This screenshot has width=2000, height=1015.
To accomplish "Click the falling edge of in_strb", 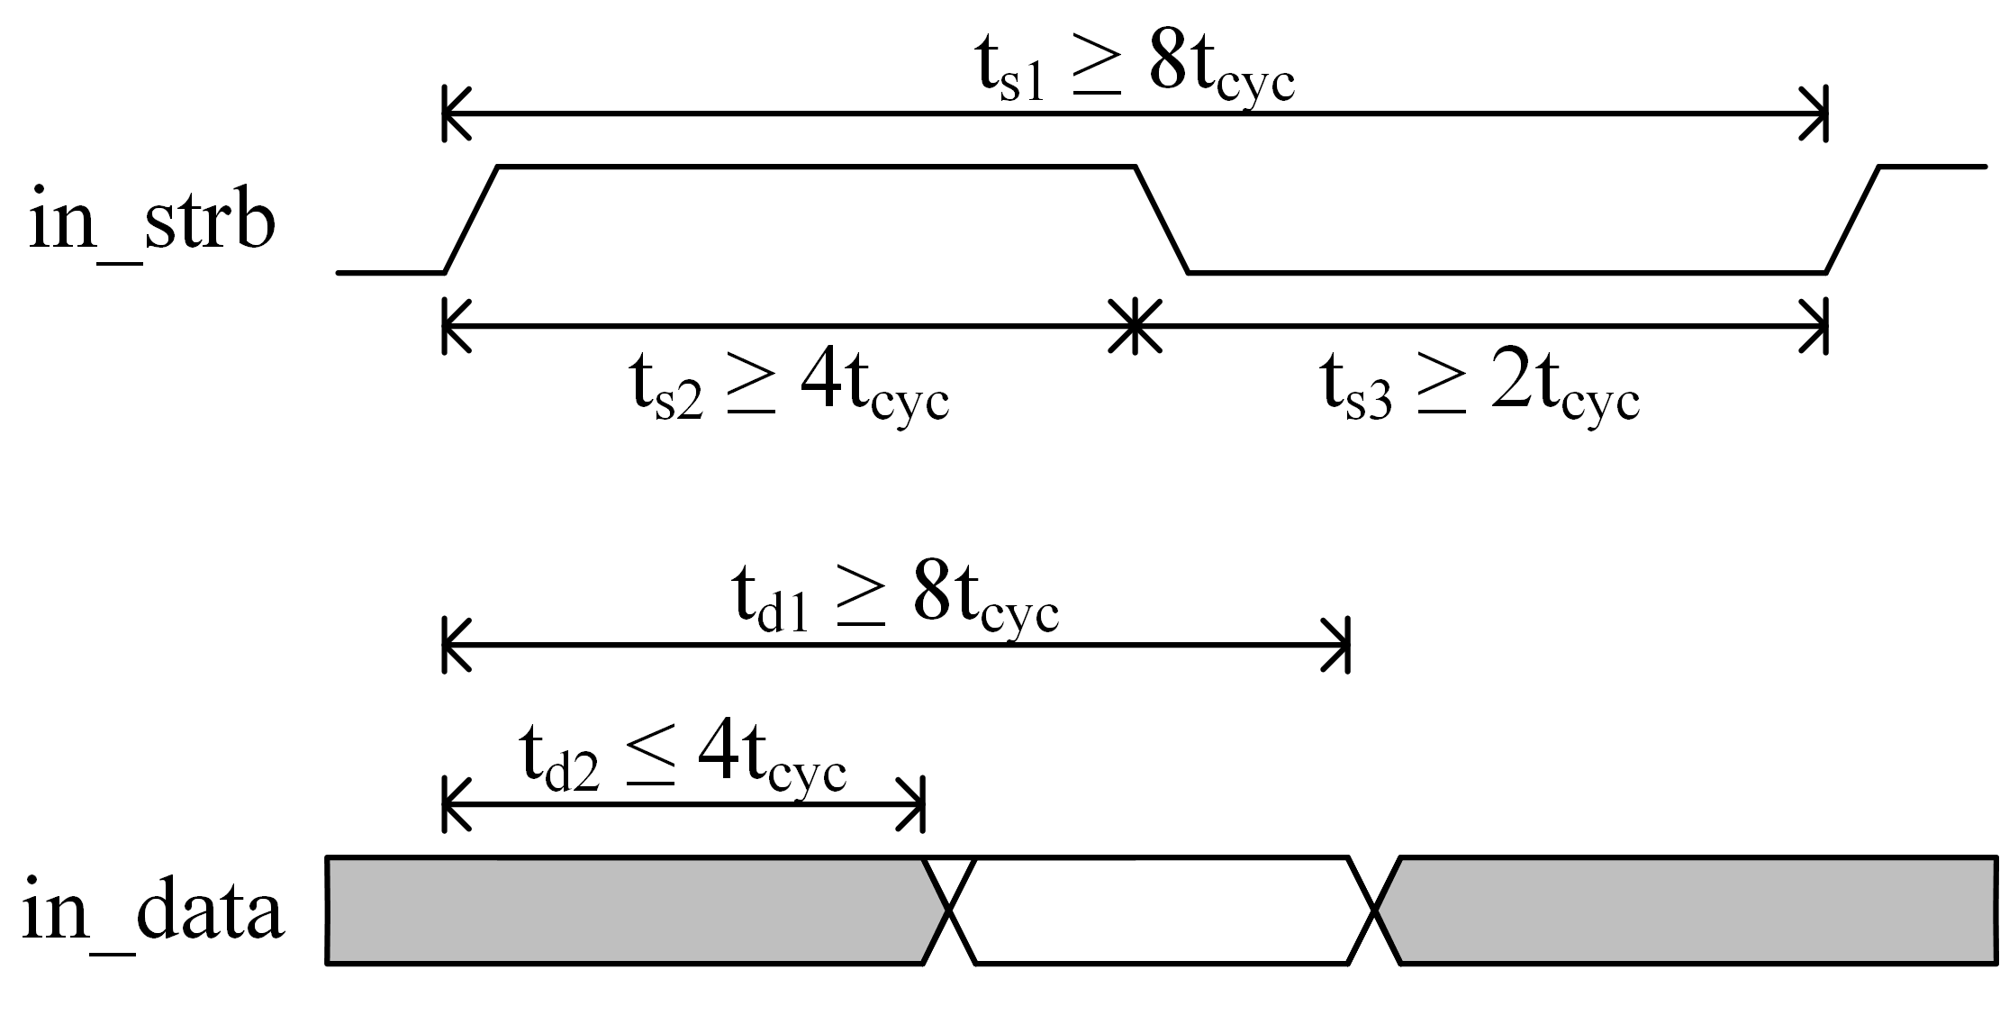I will pyautogui.click(x=1162, y=219).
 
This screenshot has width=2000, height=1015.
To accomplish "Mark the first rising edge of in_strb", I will pyautogui.click(x=471, y=219).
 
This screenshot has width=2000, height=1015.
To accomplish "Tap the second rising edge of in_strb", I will pyautogui.click(x=1852, y=219).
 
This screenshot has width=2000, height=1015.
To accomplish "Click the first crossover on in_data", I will pyautogui.click(x=949, y=911).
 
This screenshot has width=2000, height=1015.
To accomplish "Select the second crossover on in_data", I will pyautogui.click(x=1374, y=911).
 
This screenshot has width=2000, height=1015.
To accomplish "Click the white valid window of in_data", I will pyautogui.click(x=1162, y=911).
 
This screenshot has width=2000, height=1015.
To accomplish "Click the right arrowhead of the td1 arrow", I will pyautogui.click(x=1339, y=645).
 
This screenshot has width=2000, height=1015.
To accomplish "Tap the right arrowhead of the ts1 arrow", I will pyautogui.click(x=1816, y=113).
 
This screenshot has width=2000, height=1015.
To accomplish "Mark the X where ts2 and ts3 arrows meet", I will pyautogui.click(x=1135, y=326).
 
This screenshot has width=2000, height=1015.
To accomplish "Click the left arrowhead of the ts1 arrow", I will pyautogui.click(x=454, y=113).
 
